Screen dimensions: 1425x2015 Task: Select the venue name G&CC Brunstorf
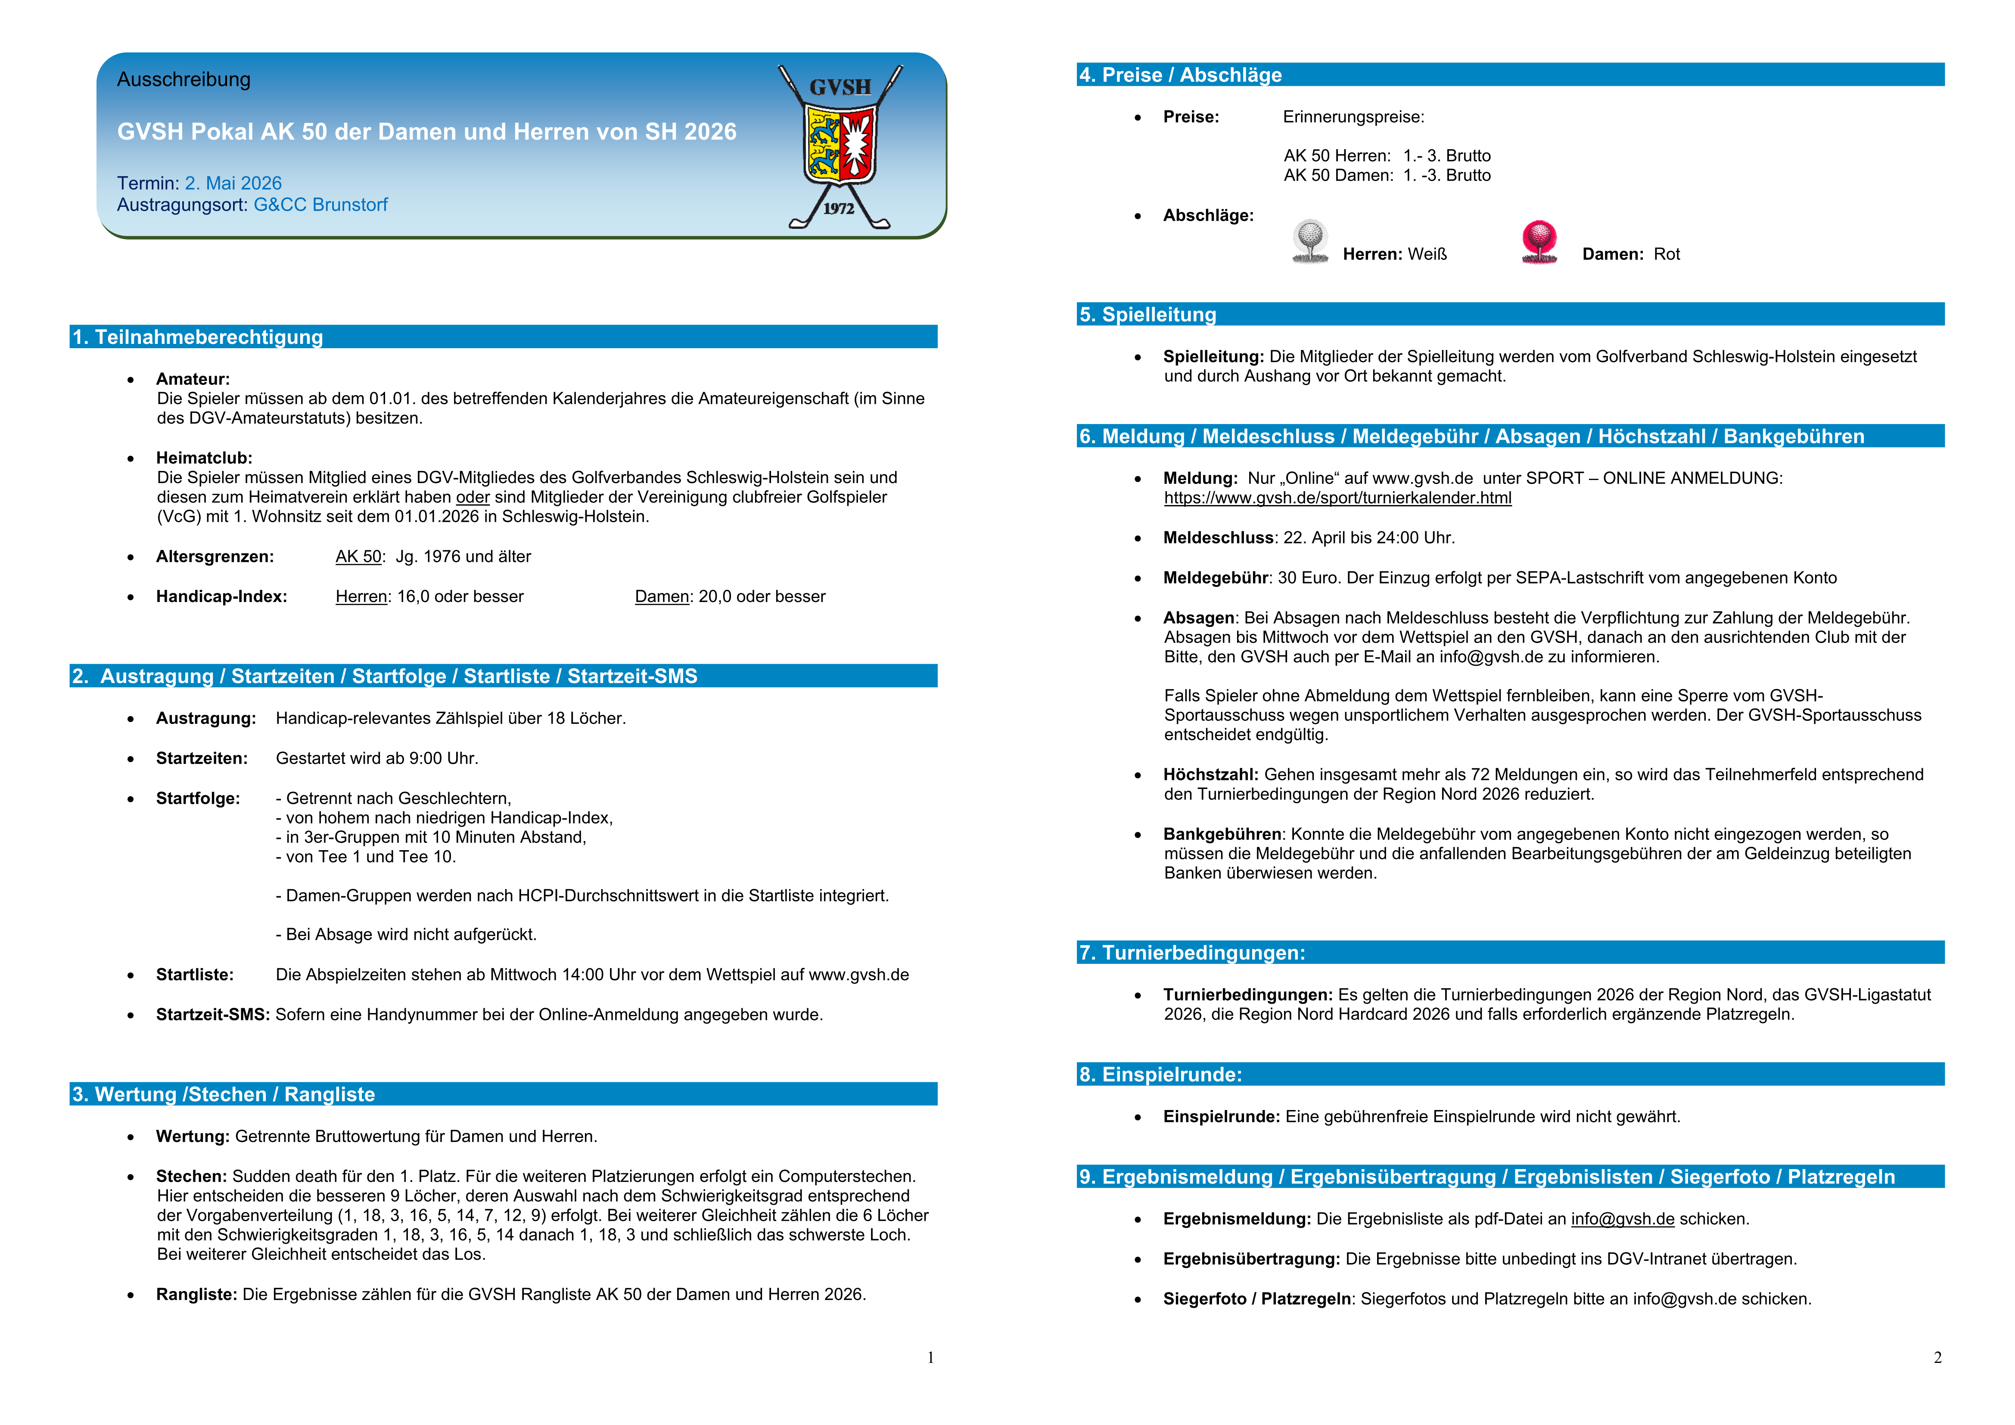320,205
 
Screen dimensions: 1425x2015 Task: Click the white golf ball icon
1309,240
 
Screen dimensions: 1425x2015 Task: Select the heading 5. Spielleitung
1147,314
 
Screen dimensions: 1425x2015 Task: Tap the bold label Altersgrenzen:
215,557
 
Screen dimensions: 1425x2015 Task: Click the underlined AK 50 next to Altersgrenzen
358,557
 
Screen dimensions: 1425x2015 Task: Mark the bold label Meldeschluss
1217,537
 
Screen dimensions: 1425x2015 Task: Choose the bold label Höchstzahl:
1210,774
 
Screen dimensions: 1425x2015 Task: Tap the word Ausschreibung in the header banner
183,80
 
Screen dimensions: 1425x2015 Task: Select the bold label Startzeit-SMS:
212,1015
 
